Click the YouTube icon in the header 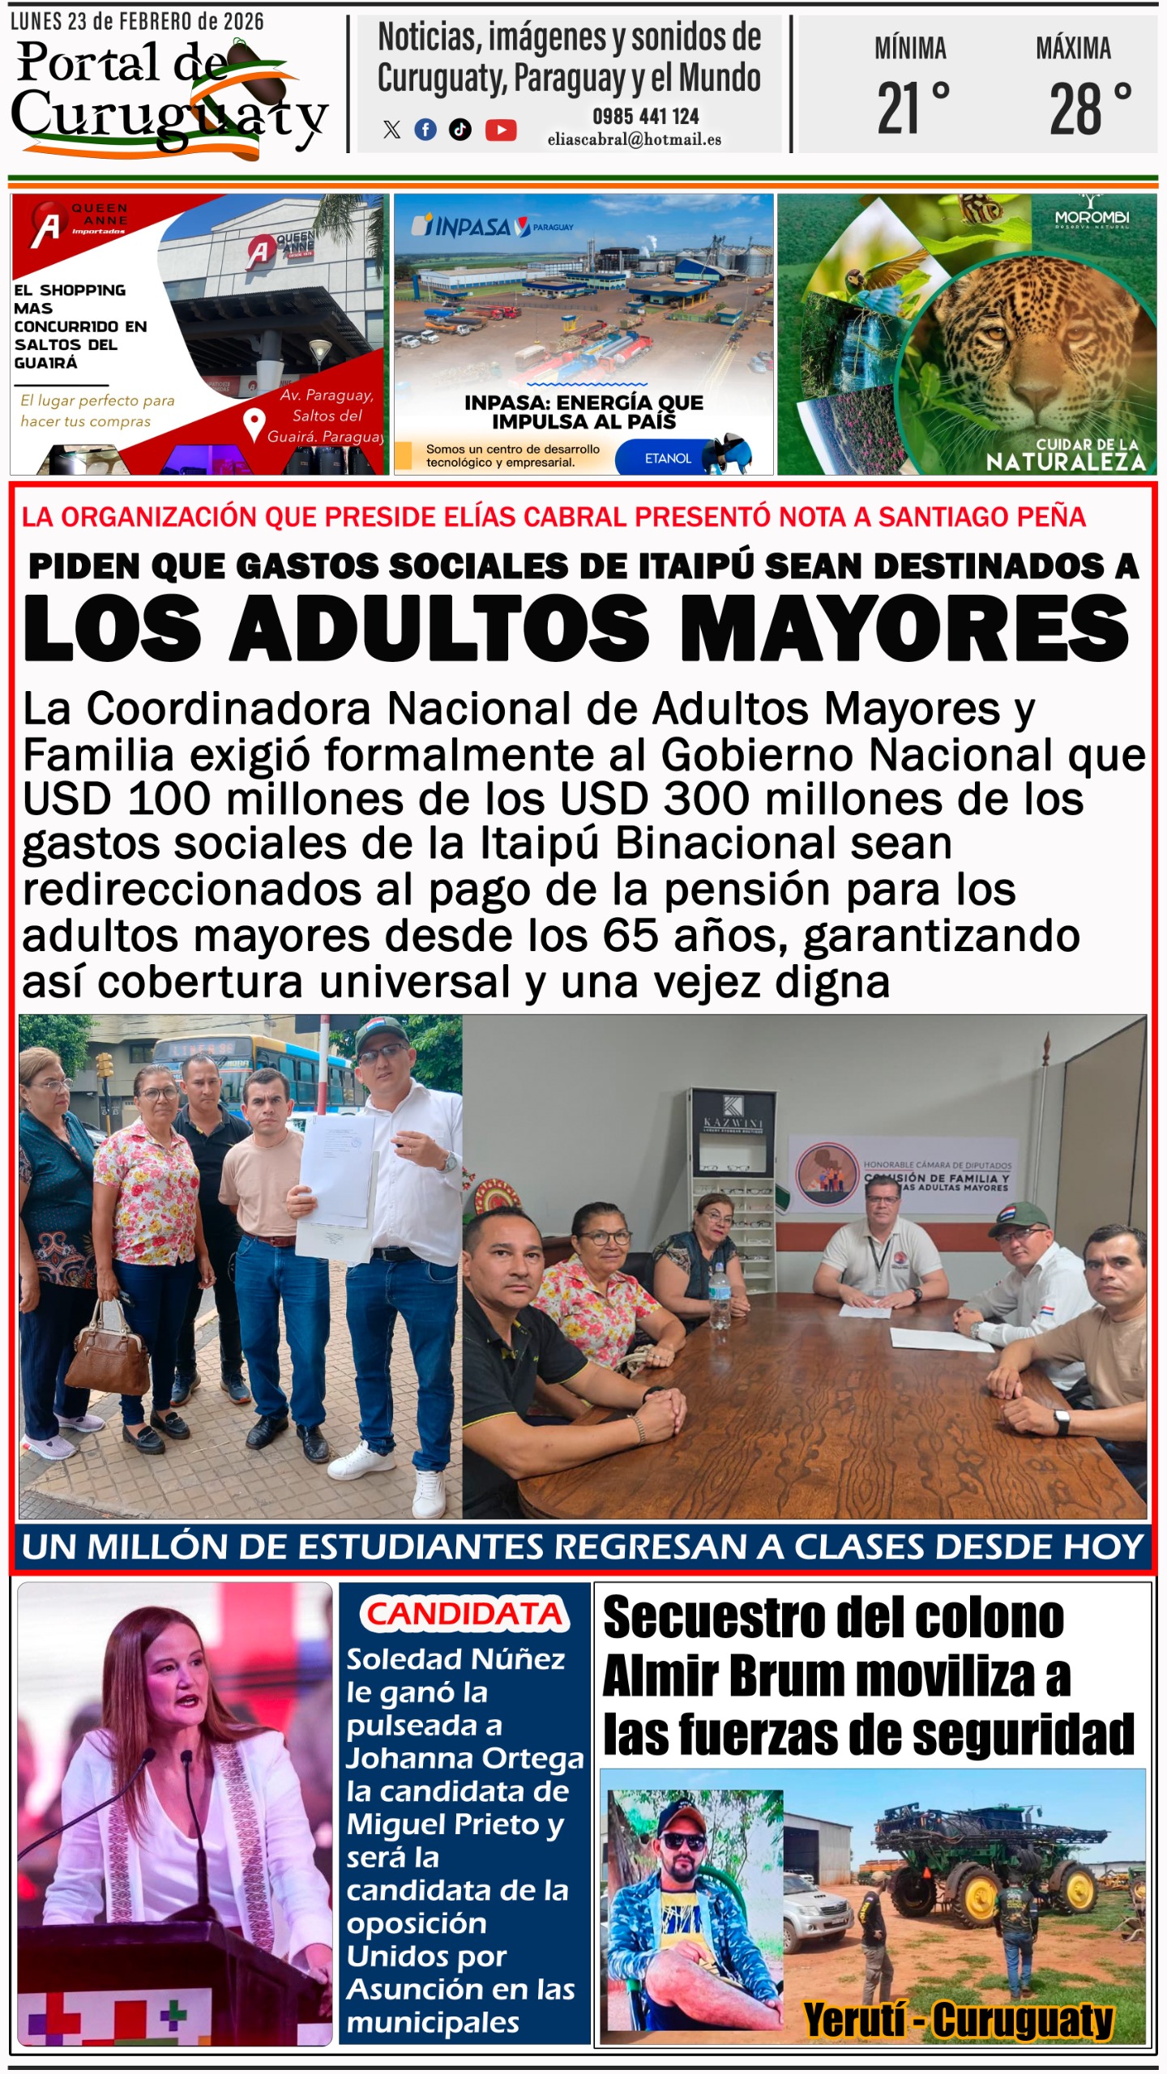[501, 130]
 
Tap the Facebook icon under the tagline [425, 130]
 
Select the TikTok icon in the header [460, 130]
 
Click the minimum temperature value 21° [913, 109]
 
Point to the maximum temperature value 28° [1089, 109]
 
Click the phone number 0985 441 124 [645, 117]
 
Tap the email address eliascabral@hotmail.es [634, 139]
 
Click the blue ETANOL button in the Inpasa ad [668, 459]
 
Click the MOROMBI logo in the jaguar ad [1092, 217]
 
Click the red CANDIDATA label [464, 1614]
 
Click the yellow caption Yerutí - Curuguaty [957, 2019]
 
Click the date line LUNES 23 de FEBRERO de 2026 [137, 22]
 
